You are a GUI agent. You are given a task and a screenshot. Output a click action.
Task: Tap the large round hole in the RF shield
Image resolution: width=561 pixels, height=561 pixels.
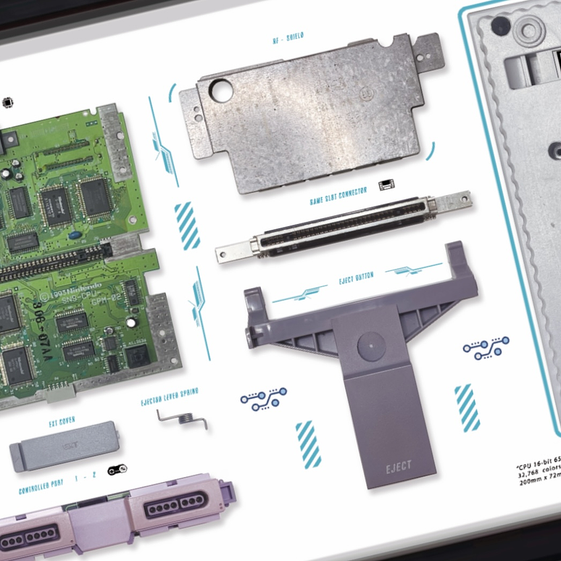(x=221, y=91)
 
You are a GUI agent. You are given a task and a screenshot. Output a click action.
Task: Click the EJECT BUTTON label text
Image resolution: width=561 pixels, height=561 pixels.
(x=356, y=279)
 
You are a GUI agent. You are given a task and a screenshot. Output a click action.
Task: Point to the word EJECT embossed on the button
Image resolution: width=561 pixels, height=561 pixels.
(x=399, y=466)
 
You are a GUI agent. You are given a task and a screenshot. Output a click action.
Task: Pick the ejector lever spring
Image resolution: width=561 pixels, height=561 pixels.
(x=182, y=418)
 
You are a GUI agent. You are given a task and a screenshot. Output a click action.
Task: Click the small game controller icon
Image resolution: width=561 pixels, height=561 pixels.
(x=117, y=470)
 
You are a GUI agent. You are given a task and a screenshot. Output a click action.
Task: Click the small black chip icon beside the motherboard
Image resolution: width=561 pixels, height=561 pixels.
(x=8, y=102)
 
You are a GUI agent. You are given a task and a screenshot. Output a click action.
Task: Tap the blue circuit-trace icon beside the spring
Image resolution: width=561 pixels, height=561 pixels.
(x=263, y=398)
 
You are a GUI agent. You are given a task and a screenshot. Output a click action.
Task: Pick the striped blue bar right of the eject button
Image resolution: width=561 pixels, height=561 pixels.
(x=467, y=407)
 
